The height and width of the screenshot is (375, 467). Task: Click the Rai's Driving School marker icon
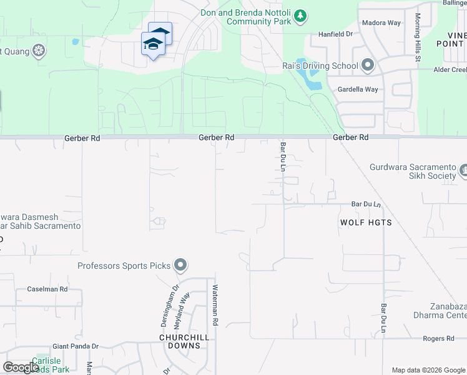[x=368, y=65]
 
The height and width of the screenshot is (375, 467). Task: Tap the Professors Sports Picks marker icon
[x=180, y=266]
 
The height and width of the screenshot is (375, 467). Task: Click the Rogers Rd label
[x=438, y=339]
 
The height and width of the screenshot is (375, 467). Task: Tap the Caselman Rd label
[x=47, y=289]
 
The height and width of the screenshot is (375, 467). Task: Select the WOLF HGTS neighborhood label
[x=366, y=222]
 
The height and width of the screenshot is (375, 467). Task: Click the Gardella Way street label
[x=358, y=89]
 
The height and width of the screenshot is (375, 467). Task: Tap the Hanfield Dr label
[x=336, y=34]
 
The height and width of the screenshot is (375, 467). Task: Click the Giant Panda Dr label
[x=76, y=346]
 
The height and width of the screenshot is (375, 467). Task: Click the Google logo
[x=21, y=367]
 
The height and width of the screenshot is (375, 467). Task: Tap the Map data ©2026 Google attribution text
[x=428, y=370]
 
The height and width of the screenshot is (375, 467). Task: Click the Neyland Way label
[x=185, y=307]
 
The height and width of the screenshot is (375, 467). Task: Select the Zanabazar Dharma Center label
[x=448, y=311]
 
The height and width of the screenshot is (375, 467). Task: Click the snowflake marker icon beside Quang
[x=39, y=50]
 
